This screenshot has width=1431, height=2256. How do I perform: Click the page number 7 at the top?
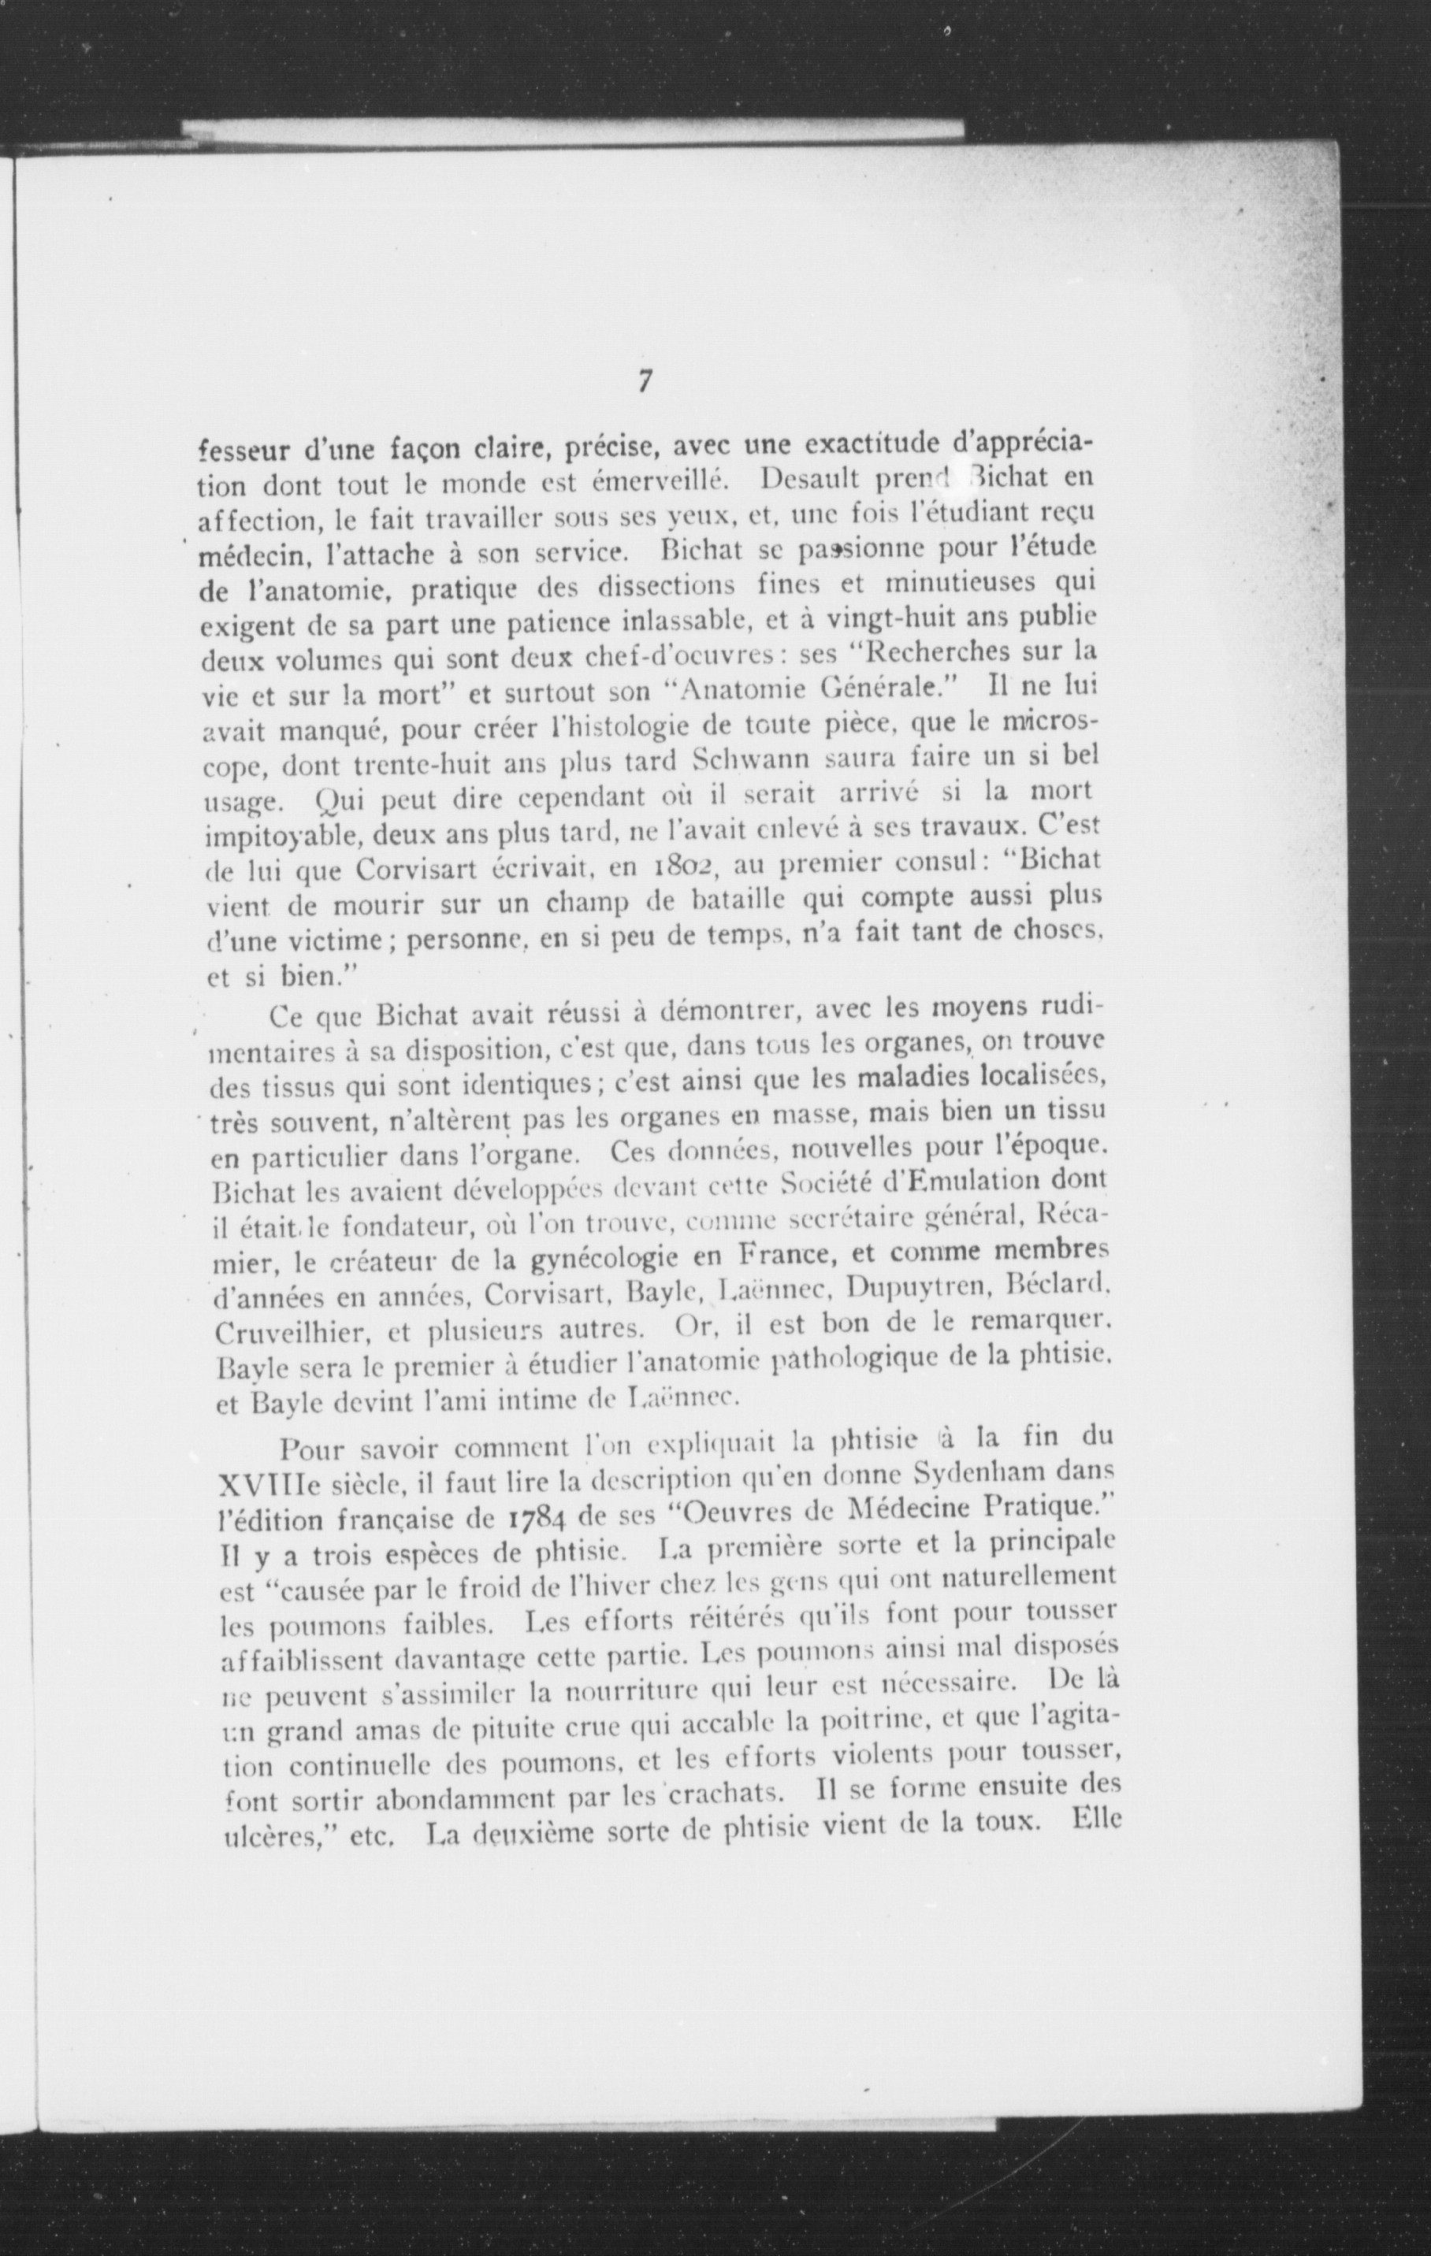[x=644, y=382]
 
